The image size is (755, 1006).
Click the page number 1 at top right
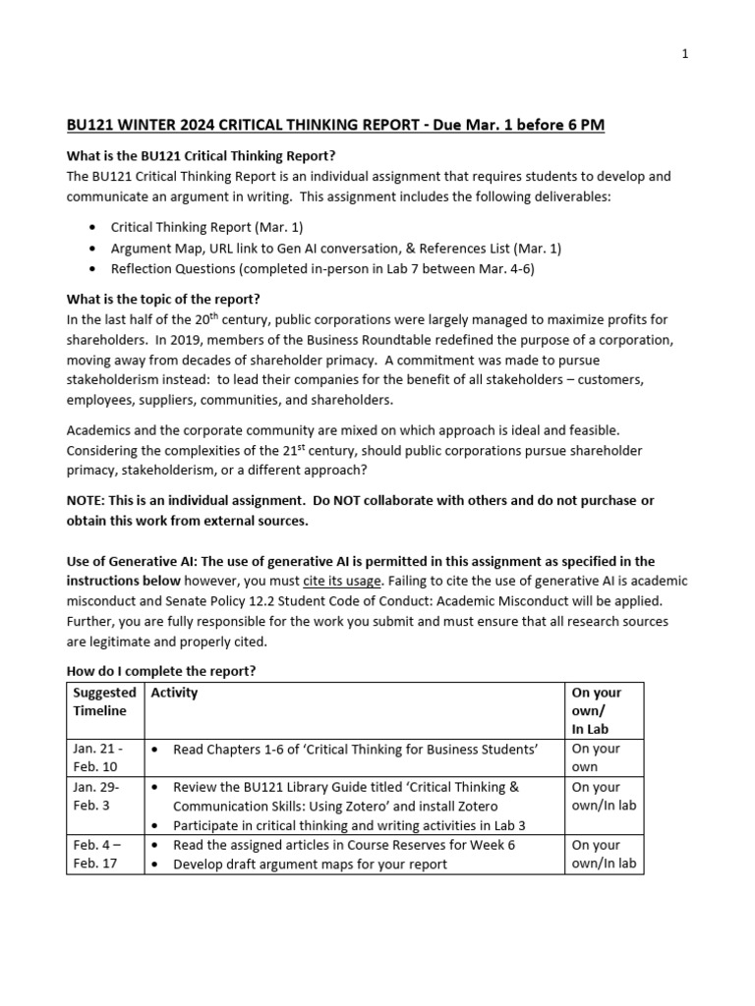click(x=685, y=54)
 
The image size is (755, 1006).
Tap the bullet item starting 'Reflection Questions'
click(x=322, y=267)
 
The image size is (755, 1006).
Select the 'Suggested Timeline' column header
click(x=104, y=701)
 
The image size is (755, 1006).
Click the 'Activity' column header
click(x=173, y=693)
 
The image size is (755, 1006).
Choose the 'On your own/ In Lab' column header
click(x=596, y=709)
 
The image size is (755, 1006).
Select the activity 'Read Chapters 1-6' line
click(x=355, y=749)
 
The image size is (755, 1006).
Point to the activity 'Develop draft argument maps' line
click(x=310, y=864)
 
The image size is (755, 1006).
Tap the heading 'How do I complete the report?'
click(x=160, y=671)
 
